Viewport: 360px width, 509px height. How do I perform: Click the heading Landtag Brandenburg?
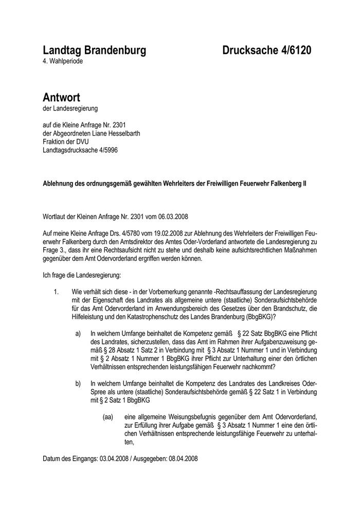(94, 50)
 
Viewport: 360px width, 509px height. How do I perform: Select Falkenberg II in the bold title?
(285, 184)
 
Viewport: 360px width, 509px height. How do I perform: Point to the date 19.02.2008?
(158, 233)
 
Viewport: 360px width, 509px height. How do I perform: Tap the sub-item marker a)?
(79, 334)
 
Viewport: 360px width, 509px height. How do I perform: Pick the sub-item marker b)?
(79, 383)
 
